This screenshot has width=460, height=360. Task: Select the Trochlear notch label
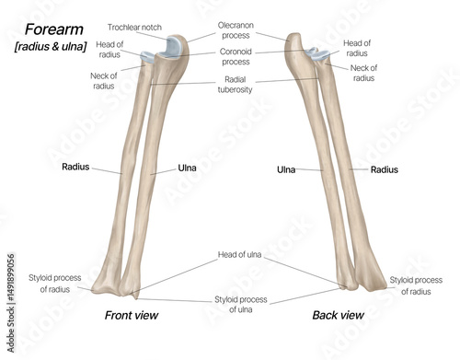pos(135,28)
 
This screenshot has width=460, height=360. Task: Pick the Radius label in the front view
pos(75,168)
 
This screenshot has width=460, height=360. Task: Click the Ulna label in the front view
pos(188,168)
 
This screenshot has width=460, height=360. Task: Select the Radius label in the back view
pos(385,169)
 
